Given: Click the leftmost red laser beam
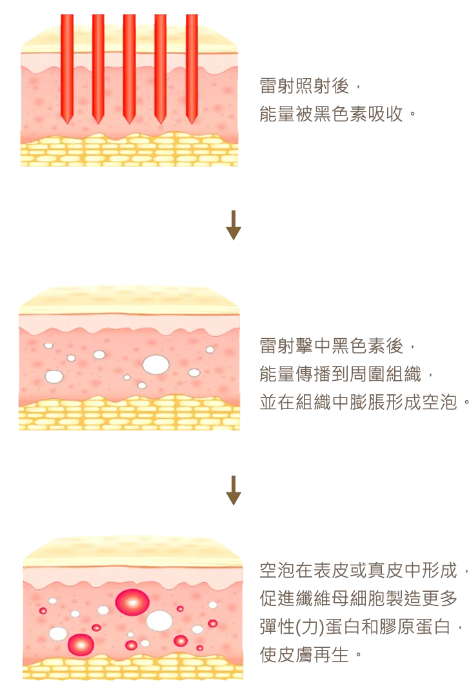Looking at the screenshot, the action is tap(67, 68).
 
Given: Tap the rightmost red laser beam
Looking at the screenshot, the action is tap(192, 68).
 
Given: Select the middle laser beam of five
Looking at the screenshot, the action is tap(129, 68).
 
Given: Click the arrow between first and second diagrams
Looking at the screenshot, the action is tap(234, 225).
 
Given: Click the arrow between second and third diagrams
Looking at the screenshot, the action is tap(234, 490).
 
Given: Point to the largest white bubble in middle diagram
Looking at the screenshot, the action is tap(155, 365).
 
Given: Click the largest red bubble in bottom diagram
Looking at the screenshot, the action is tap(132, 602).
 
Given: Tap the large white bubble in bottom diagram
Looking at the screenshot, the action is tap(159, 621).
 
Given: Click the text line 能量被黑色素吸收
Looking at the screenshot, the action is tap(337, 114).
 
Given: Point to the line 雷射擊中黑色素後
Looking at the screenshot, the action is tap(337, 346).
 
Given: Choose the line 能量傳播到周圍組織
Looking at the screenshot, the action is tap(346, 374).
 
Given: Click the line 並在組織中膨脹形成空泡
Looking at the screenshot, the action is tap(364, 402).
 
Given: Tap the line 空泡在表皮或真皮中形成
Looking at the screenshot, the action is tap(364, 570).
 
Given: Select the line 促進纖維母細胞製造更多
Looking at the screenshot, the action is tap(358, 598).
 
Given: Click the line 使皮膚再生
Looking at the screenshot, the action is tap(311, 655).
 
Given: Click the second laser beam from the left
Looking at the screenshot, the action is tap(98, 68).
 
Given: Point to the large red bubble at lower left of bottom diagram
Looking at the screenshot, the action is tap(81, 645).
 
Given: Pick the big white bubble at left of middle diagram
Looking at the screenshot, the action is tap(54, 376).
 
